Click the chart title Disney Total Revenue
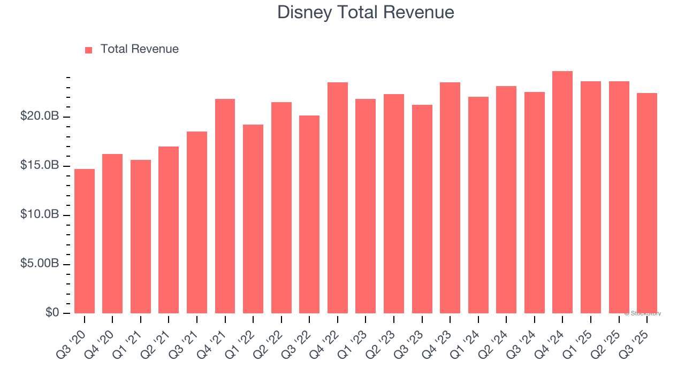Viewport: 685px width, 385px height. coord(366,12)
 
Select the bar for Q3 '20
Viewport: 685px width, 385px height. coord(85,241)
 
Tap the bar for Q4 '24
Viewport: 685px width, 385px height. coord(562,192)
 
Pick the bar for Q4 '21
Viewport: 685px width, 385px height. coord(225,206)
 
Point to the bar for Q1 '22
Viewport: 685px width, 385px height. coord(253,219)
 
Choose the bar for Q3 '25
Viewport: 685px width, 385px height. coord(647,203)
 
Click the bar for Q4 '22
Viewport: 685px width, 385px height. coord(338,198)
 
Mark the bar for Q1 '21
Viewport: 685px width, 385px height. coord(141,237)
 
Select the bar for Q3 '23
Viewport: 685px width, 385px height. coord(422,209)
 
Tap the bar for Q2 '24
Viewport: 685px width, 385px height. coord(506,200)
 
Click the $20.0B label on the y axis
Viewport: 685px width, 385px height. coord(40,117)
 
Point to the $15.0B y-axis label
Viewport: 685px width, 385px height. coord(40,166)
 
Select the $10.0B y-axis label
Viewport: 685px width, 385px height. coord(40,215)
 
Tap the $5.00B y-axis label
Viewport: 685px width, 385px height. coord(40,264)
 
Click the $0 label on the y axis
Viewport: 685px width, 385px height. coord(52,313)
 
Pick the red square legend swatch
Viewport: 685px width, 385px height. coord(89,50)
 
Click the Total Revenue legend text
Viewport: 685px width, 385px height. coord(140,49)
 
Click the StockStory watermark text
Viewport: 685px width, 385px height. coord(643,313)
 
